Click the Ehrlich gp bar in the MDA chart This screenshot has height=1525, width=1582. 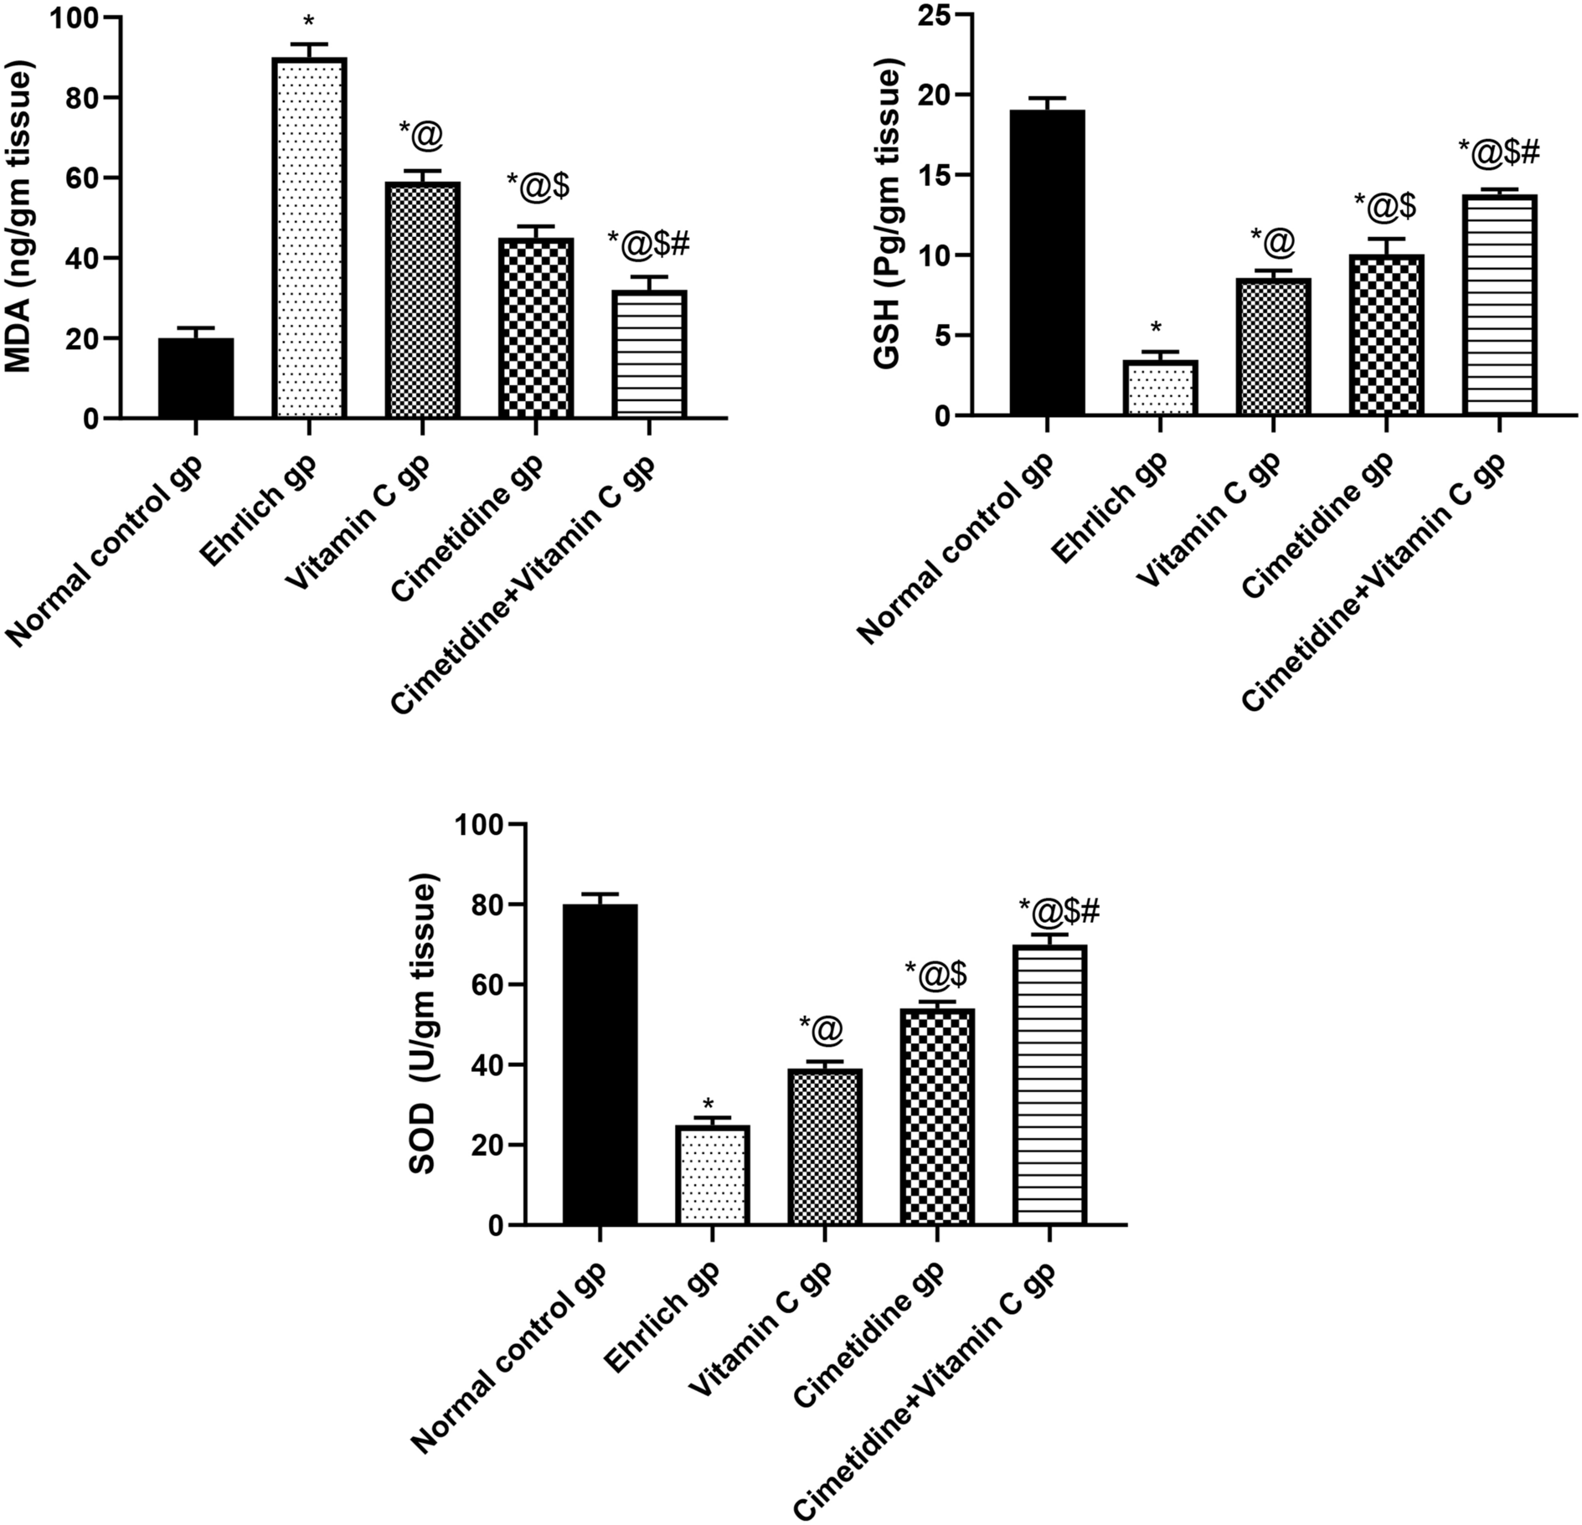(309, 238)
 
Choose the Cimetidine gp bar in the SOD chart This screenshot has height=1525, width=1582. (937, 1117)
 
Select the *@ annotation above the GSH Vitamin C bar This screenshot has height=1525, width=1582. (1273, 241)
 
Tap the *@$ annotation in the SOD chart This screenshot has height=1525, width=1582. (937, 973)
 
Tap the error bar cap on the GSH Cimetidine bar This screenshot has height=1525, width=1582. (1386, 239)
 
